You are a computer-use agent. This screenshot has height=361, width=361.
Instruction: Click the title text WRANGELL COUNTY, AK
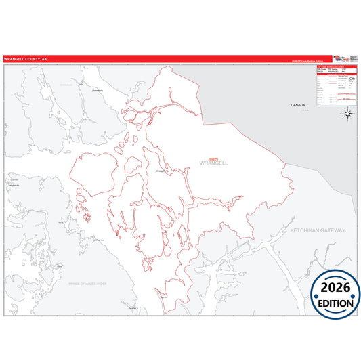pyautogui.click(x=26, y=60)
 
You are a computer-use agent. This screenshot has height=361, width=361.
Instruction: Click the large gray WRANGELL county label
pyautogui.click(x=213, y=163)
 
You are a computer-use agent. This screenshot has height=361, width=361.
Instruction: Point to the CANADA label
pyautogui.click(x=298, y=106)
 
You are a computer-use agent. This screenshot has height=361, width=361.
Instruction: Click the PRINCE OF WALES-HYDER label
pyautogui.click(x=87, y=284)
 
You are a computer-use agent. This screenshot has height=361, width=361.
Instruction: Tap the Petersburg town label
pyautogui.click(x=98, y=89)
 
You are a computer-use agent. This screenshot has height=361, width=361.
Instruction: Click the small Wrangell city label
pyautogui.click(x=161, y=171)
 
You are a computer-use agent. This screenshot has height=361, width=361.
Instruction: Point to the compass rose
pyautogui.click(x=346, y=112)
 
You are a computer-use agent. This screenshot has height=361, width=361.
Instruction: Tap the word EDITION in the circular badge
pyautogui.click(x=336, y=303)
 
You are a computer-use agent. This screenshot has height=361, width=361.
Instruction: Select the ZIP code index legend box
pyautogui.click(x=336, y=85)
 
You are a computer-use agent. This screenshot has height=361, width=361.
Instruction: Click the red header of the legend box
pyautogui.click(x=336, y=67)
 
